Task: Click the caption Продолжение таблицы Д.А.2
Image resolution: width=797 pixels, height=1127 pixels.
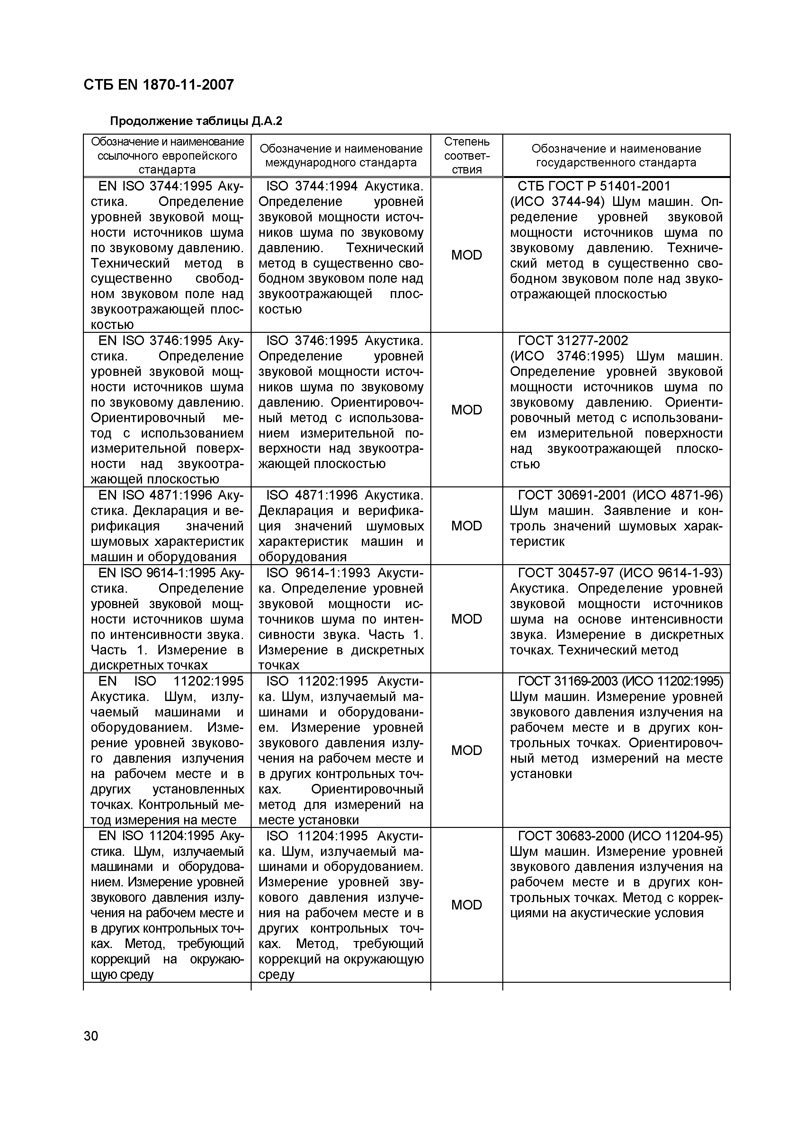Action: coord(196,121)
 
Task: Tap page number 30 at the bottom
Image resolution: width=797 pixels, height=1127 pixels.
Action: coord(91,1036)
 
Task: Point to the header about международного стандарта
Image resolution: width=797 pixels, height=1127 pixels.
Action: coord(341,155)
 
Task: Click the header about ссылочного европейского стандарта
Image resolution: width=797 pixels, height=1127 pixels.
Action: coord(167,155)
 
